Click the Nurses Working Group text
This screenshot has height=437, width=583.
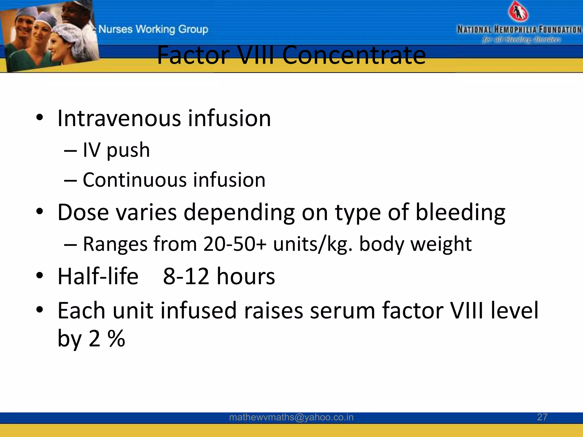153,29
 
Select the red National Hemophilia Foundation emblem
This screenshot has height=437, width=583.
518,12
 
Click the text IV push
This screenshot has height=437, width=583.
116,150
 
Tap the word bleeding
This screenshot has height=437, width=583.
460,213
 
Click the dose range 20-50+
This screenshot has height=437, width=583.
235,244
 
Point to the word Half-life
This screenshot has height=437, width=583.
98,276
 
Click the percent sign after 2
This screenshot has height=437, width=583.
116,339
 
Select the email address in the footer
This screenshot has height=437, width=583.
291,417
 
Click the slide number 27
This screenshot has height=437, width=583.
542,417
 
